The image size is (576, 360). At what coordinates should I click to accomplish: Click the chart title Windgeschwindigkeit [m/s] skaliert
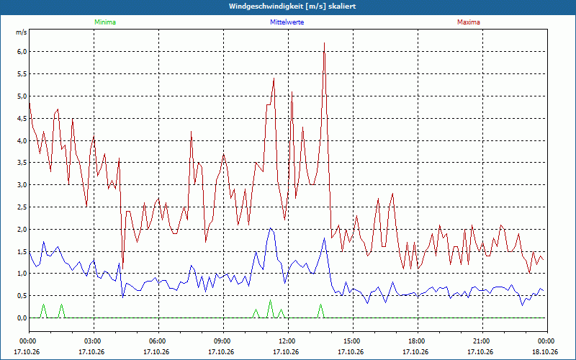(292, 6)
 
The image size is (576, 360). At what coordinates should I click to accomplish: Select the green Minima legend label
(105, 22)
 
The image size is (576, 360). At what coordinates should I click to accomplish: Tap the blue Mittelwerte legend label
(287, 22)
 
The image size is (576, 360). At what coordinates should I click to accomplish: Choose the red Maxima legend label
(469, 22)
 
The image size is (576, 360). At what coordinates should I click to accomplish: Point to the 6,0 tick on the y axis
(22, 52)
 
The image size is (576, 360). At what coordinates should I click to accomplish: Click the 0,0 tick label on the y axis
(22, 318)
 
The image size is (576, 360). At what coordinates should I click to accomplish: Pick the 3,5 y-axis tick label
(22, 163)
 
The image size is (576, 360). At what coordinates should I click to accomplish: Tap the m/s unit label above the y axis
(22, 32)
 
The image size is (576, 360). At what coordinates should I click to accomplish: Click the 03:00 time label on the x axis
(94, 341)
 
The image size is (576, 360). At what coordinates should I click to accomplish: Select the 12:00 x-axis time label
(289, 341)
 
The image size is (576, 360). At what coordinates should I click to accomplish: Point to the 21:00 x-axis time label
(482, 341)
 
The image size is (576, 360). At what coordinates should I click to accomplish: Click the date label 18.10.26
(547, 351)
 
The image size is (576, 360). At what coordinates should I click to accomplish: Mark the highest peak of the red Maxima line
(325, 43)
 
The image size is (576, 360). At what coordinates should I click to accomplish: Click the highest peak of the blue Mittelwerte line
(271, 228)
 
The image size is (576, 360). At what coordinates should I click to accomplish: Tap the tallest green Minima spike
(271, 300)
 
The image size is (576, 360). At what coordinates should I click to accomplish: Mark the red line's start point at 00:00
(30, 104)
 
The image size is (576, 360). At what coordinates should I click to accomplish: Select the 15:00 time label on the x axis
(353, 341)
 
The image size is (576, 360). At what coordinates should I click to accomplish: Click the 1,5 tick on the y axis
(22, 251)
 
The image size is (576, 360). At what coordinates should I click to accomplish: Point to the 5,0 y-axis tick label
(22, 96)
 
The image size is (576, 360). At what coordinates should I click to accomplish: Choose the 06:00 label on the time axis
(158, 341)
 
